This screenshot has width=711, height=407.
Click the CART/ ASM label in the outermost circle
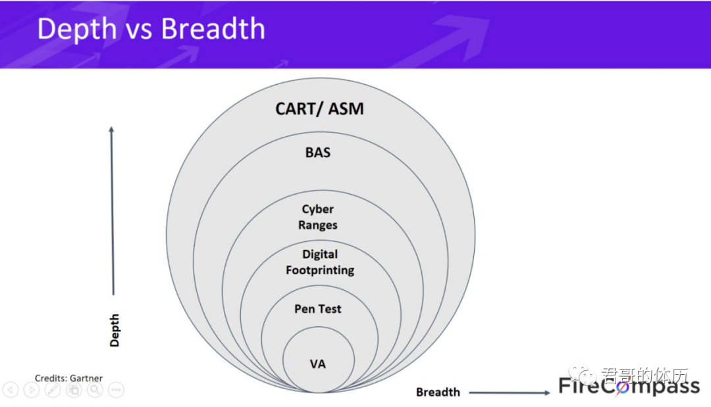pos(319,108)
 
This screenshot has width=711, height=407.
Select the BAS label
pos(318,153)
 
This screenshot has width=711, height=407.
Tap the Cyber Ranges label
pos(318,217)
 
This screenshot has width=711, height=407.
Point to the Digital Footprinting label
pos(320,262)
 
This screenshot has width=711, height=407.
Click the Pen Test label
pos(318,308)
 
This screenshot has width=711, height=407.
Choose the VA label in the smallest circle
pos(318,364)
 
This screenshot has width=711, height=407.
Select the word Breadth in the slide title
pos(213,30)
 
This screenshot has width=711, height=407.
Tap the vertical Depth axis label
pos(115,331)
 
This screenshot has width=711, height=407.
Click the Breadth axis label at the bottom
pos(438,392)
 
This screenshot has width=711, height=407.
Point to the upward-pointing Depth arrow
pos(112,210)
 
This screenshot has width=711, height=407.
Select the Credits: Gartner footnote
pos(68,378)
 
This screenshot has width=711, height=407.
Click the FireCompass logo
pos(629,386)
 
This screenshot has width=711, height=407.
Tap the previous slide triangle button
pos(11,390)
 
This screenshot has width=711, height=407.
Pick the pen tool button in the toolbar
pos(53,390)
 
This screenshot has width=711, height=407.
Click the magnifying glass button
pos(95,390)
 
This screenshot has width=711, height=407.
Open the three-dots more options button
pos(116,390)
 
